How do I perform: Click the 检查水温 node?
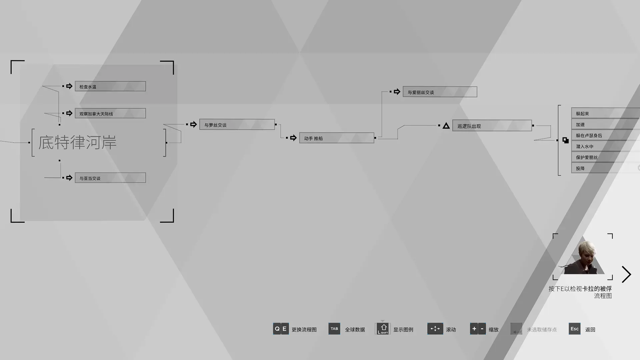pyautogui.click(x=110, y=86)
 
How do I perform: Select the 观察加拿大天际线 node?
pyautogui.click(x=110, y=113)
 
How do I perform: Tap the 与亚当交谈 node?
pyautogui.click(x=110, y=178)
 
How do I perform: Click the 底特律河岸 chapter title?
pyautogui.click(x=77, y=142)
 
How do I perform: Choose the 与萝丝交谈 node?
pyautogui.click(x=237, y=124)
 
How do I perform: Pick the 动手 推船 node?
pyautogui.click(x=337, y=138)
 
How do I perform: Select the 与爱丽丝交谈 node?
pyautogui.click(x=440, y=92)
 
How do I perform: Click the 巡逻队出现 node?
pyautogui.click(x=492, y=126)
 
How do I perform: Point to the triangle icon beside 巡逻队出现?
pyautogui.click(x=446, y=126)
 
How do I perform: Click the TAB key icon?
pyautogui.click(x=334, y=329)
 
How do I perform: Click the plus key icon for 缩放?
pyautogui.click(x=474, y=329)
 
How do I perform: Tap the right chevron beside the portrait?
pyautogui.click(x=626, y=274)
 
